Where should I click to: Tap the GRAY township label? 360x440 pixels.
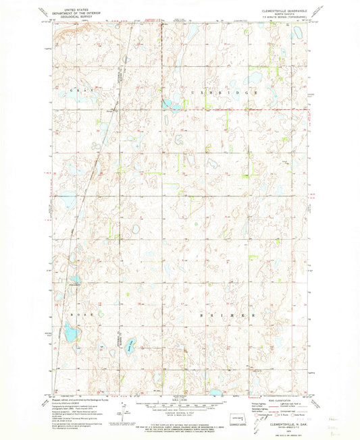click(x=78, y=90)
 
